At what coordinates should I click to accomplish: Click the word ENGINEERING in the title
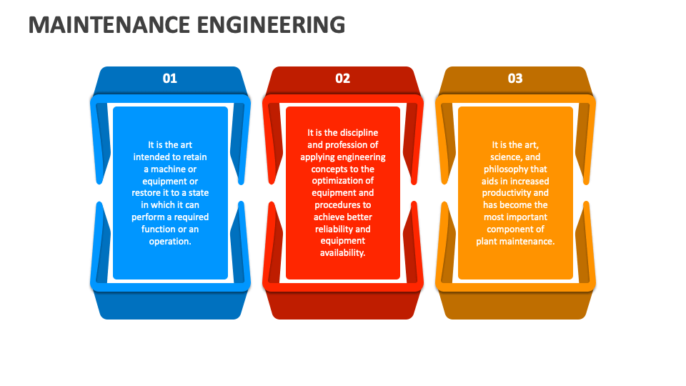pyautogui.click(x=272, y=24)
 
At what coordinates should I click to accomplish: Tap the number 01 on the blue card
pyautogui.click(x=170, y=79)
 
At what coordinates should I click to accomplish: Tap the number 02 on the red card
pyautogui.click(x=342, y=79)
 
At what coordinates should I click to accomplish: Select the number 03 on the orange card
pyautogui.click(x=515, y=79)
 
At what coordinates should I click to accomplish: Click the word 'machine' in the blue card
pyautogui.click(x=174, y=169)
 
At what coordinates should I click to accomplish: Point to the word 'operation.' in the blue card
pyautogui.click(x=170, y=242)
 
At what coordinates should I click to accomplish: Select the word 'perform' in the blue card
pyautogui.click(x=147, y=217)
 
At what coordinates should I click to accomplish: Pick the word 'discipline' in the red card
pyautogui.click(x=359, y=133)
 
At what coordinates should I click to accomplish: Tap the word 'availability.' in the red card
pyautogui.click(x=342, y=253)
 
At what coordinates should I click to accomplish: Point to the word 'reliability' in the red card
pyautogui.click(x=334, y=229)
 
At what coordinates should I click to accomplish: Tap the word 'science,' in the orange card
pyautogui.click(x=506, y=157)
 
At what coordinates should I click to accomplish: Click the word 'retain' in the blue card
pyautogui.click(x=194, y=157)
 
